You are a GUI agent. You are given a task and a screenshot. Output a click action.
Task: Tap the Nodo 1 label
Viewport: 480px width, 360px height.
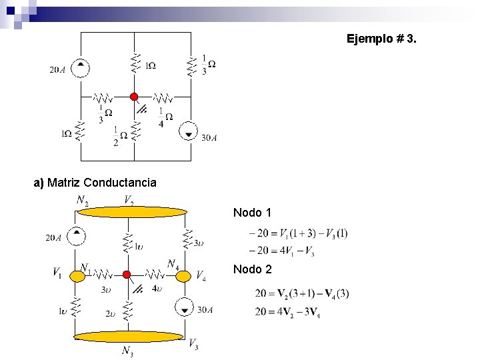(x=252, y=213)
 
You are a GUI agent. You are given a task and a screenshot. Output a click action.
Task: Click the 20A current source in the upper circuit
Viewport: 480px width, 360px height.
(x=81, y=67)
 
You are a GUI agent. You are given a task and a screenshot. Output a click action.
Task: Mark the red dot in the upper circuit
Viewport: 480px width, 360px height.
(x=134, y=97)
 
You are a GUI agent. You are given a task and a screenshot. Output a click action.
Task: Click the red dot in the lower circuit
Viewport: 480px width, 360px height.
(x=126, y=274)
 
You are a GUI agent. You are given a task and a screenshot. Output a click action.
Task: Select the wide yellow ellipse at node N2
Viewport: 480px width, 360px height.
(x=131, y=212)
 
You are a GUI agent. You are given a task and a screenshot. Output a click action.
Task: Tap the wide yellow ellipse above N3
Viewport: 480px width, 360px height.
(x=128, y=337)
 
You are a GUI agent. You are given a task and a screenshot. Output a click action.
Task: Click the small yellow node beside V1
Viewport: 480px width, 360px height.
(x=77, y=274)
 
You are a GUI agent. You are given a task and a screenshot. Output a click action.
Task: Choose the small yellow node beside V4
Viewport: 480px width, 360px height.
(x=183, y=275)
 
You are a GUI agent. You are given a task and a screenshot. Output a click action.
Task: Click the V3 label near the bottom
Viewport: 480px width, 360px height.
(x=193, y=345)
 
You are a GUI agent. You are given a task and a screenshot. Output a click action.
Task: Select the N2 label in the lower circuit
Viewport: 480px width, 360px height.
(x=83, y=199)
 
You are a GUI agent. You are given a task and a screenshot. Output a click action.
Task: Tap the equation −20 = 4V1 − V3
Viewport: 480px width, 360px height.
(x=281, y=251)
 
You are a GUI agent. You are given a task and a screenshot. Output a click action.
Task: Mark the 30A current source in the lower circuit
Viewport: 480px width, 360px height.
(x=184, y=308)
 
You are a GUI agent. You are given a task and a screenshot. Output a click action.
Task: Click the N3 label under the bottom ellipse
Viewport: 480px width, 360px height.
(x=127, y=351)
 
